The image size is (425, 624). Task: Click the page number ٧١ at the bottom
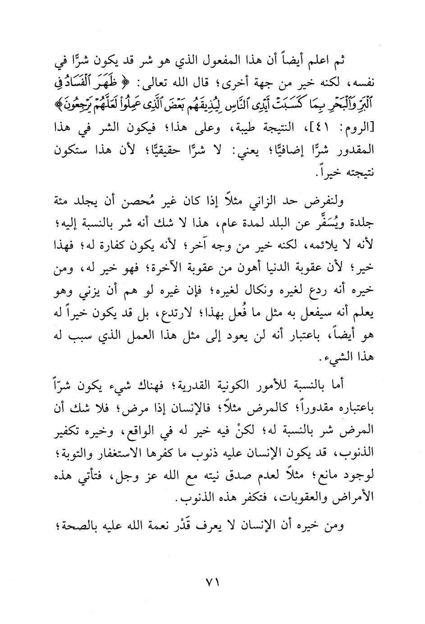point(212,581)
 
